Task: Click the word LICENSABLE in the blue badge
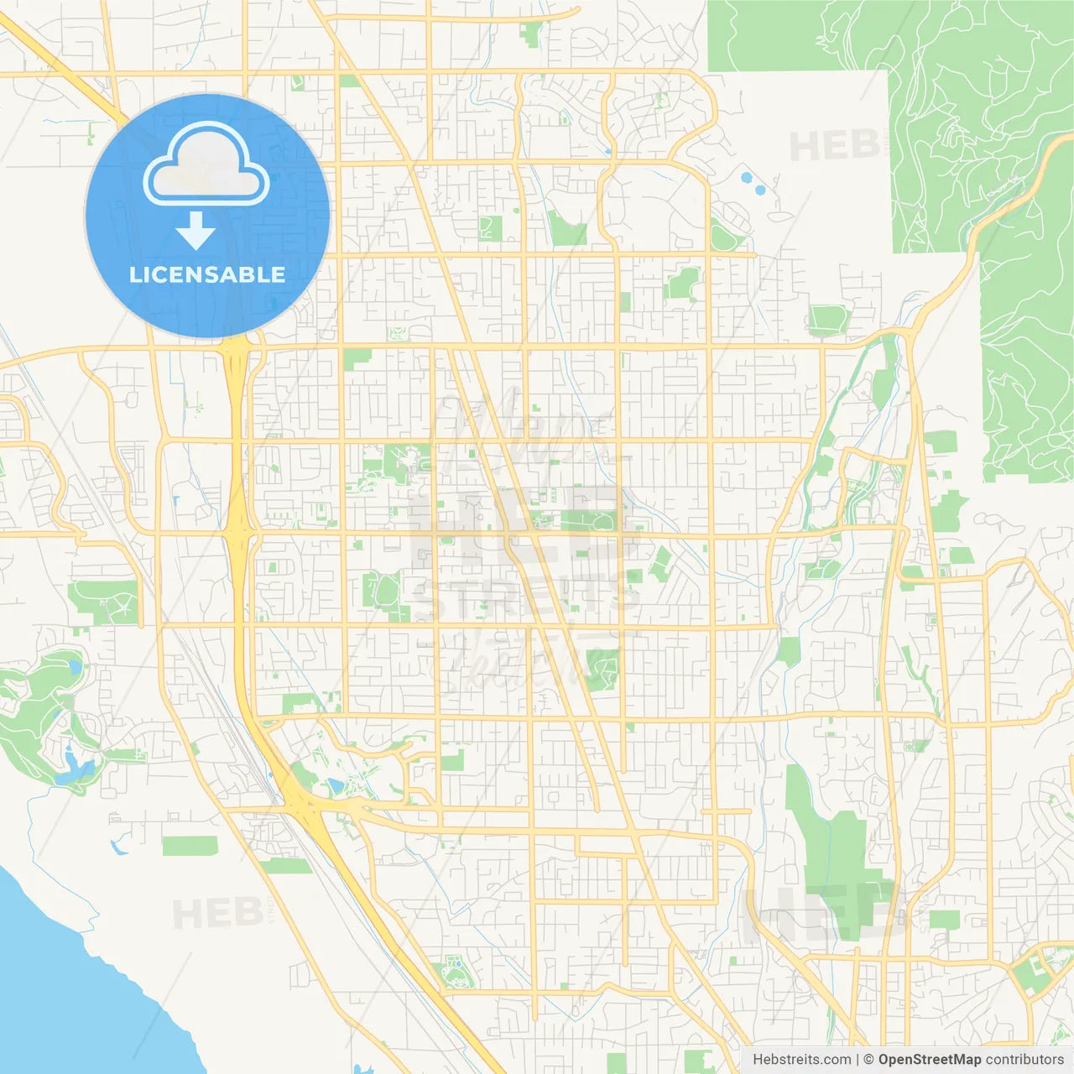(x=207, y=274)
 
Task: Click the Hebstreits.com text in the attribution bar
(x=801, y=1060)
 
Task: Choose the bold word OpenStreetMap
(x=929, y=1060)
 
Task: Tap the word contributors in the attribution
(x=1024, y=1060)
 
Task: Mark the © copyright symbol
(x=868, y=1060)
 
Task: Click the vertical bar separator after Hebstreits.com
(x=858, y=1060)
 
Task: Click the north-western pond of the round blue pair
(x=745, y=178)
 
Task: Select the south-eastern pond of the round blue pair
(x=760, y=190)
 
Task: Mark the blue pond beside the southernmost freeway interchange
(x=336, y=786)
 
